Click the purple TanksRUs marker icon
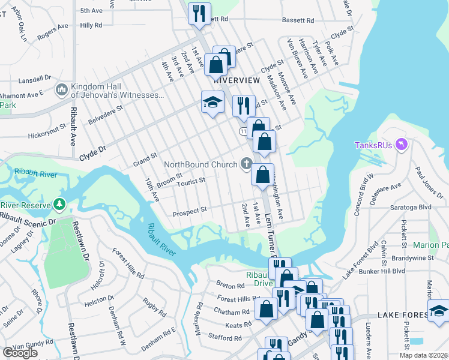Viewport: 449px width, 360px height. (402, 144)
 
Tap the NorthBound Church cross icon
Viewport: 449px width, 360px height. (246, 163)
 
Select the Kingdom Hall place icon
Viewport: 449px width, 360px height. (61, 90)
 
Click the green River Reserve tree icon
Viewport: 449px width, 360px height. (59, 205)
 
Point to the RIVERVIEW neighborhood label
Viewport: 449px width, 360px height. (237, 80)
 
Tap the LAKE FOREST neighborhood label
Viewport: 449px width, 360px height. (402, 315)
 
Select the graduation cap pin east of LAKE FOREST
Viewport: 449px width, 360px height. (439, 310)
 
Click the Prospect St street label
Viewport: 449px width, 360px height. (190, 210)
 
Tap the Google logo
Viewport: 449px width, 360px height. (20, 353)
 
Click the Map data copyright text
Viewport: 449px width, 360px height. (423, 355)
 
